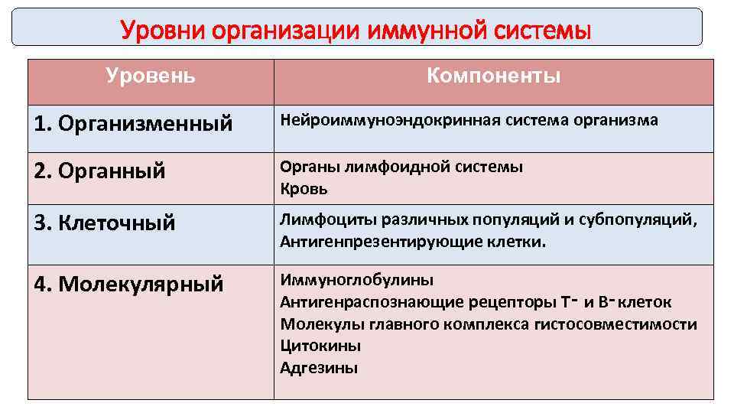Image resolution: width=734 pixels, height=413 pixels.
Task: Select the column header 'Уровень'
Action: point(151,76)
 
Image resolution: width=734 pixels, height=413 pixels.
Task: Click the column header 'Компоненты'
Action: point(493,76)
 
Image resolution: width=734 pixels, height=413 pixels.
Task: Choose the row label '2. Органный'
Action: point(100,171)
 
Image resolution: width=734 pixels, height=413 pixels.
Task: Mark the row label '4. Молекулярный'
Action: point(129,285)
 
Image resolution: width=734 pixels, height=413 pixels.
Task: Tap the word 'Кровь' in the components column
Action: point(304,189)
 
